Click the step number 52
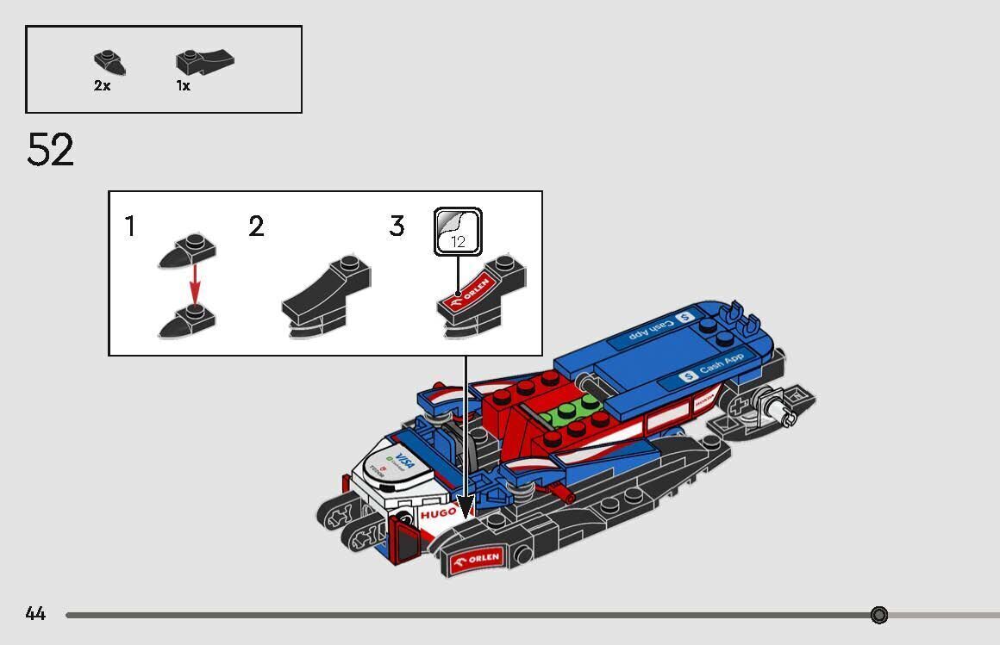[x=50, y=151]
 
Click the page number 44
[x=35, y=614]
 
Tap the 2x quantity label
[x=102, y=86]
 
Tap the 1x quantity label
[x=183, y=86]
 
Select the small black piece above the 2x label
[x=110, y=62]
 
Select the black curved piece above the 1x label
[x=205, y=61]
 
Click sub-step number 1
[x=130, y=227]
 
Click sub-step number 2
[x=256, y=227]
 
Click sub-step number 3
[x=397, y=227]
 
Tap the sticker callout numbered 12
[x=458, y=232]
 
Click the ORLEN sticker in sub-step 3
[x=467, y=294]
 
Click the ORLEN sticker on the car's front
[x=475, y=560]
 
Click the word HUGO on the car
[x=438, y=513]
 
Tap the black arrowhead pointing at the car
[x=466, y=509]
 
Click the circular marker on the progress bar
[x=878, y=615]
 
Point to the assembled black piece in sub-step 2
[x=328, y=297]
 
